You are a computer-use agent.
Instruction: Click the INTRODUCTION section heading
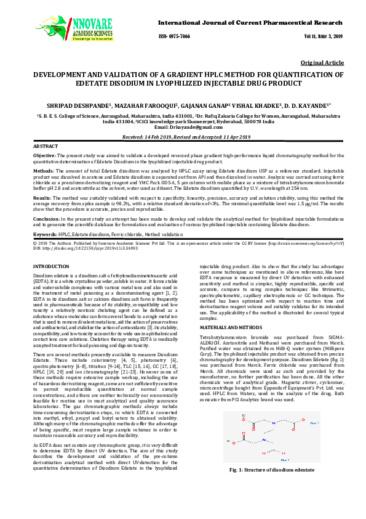(51, 266)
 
